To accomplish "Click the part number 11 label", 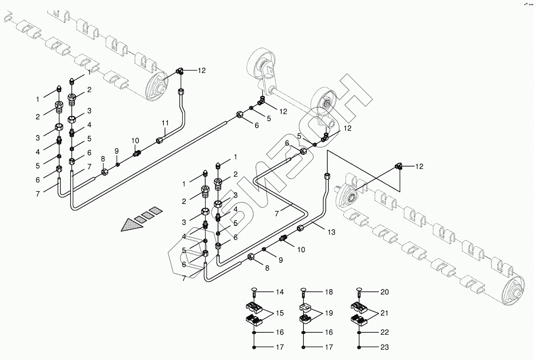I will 165,123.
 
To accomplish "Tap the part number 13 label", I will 331,232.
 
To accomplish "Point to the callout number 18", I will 329,292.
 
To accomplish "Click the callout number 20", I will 385,292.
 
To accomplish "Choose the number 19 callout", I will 329,313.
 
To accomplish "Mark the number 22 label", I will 385,332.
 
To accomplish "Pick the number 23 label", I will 385,347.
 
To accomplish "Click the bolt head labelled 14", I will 254,290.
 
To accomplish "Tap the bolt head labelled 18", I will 303,290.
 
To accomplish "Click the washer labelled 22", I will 359,333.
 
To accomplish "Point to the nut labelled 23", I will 359,347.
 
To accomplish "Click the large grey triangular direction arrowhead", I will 131,225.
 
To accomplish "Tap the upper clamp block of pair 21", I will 359,307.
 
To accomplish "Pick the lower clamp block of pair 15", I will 254,320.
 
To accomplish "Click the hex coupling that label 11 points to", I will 159,140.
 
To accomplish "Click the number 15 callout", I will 280,313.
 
